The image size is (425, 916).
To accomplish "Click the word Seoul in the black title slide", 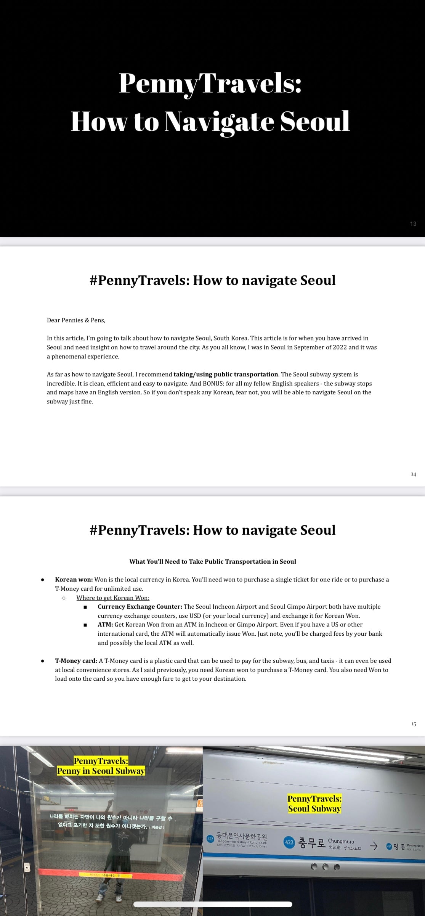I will pos(315,122).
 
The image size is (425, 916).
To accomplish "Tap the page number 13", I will pos(413,224).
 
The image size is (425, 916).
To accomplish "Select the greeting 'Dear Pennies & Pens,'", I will pos(76,320).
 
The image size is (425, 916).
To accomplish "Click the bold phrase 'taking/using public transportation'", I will pos(226,374).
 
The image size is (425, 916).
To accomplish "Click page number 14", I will pos(414,474).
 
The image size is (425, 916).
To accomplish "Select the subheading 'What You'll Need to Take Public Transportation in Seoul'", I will pos(213,561).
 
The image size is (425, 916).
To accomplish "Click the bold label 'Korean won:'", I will pos(74,580).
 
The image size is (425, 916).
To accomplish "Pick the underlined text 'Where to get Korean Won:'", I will pos(113,598).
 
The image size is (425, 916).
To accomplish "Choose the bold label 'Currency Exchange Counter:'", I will pos(140,607).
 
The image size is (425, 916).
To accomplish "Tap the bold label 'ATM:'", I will pos(105,625).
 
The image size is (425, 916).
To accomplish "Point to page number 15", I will pos(414,724).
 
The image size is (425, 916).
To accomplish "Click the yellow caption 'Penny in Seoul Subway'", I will pos(101,771).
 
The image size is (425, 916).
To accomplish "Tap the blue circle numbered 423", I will pos(289,842).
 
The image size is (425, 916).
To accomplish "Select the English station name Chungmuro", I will pos(341,841).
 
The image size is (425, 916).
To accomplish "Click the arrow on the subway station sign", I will pos(374,846).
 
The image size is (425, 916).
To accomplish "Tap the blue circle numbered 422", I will pos(210,839).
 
